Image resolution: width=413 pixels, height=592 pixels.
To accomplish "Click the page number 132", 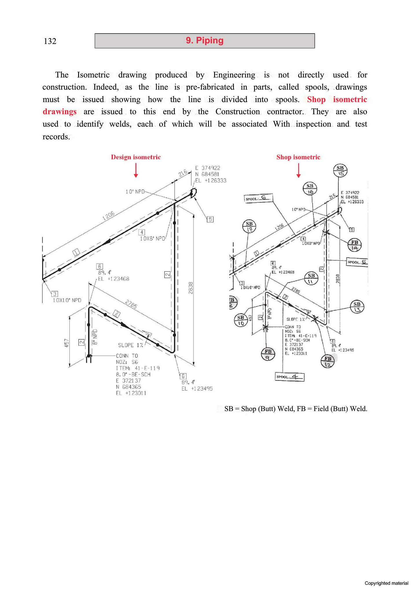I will pyautogui.click(x=50, y=41).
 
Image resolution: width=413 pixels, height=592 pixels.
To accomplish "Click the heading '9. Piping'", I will pyautogui.click(x=205, y=40).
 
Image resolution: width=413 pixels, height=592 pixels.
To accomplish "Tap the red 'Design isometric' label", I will pyautogui.click(x=136, y=157).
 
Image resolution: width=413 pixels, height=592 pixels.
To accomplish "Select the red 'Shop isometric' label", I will pyautogui.click(x=298, y=157).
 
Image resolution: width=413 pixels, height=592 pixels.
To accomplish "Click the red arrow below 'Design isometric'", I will pyautogui.click(x=136, y=170).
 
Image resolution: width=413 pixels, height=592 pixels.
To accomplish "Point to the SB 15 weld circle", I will pyautogui.click(x=340, y=171).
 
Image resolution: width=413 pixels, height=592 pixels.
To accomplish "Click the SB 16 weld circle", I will pyautogui.click(x=310, y=189).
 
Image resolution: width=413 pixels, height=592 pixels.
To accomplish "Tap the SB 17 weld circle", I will pyautogui.click(x=249, y=226).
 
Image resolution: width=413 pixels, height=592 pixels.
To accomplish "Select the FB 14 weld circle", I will pyautogui.click(x=355, y=245).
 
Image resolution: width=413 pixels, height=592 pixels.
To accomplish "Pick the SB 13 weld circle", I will pyautogui.click(x=357, y=307).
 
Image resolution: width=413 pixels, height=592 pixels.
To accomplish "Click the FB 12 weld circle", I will pyautogui.click(x=328, y=361).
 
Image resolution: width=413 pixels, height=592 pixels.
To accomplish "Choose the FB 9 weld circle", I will pyautogui.click(x=268, y=354).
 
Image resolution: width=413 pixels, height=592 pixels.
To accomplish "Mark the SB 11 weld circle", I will pyautogui.click(x=311, y=278).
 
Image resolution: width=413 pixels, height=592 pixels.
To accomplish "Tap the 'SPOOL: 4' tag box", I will pyautogui.click(x=289, y=377).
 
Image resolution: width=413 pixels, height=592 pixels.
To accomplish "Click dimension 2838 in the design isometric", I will pyautogui.click(x=190, y=288).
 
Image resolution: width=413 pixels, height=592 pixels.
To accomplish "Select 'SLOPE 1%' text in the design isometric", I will pyautogui.click(x=131, y=345).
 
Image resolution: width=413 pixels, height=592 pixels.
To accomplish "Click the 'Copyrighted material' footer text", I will pyautogui.click(x=386, y=583).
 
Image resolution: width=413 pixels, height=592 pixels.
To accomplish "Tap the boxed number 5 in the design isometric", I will pyautogui.click(x=210, y=219).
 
